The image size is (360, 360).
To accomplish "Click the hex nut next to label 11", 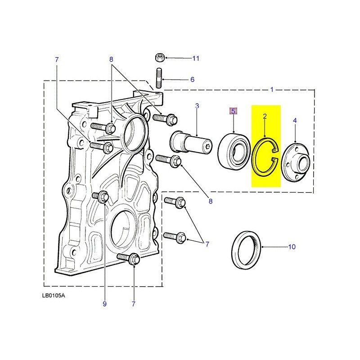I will click(x=158, y=58).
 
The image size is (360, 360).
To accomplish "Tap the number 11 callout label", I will click(x=195, y=58).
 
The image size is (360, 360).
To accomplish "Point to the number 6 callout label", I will click(x=192, y=80).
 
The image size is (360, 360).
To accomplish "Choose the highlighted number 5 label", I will click(x=233, y=111).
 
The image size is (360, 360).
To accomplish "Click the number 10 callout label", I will click(x=292, y=247).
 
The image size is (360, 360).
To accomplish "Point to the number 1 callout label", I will click(x=272, y=90).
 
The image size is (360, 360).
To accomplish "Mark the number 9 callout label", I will click(x=104, y=304).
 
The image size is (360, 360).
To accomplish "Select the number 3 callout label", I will click(x=197, y=106).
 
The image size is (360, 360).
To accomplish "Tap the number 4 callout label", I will click(x=295, y=120).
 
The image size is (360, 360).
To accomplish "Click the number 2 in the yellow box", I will click(x=265, y=117).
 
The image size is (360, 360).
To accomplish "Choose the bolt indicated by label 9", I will click(x=102, y=196).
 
